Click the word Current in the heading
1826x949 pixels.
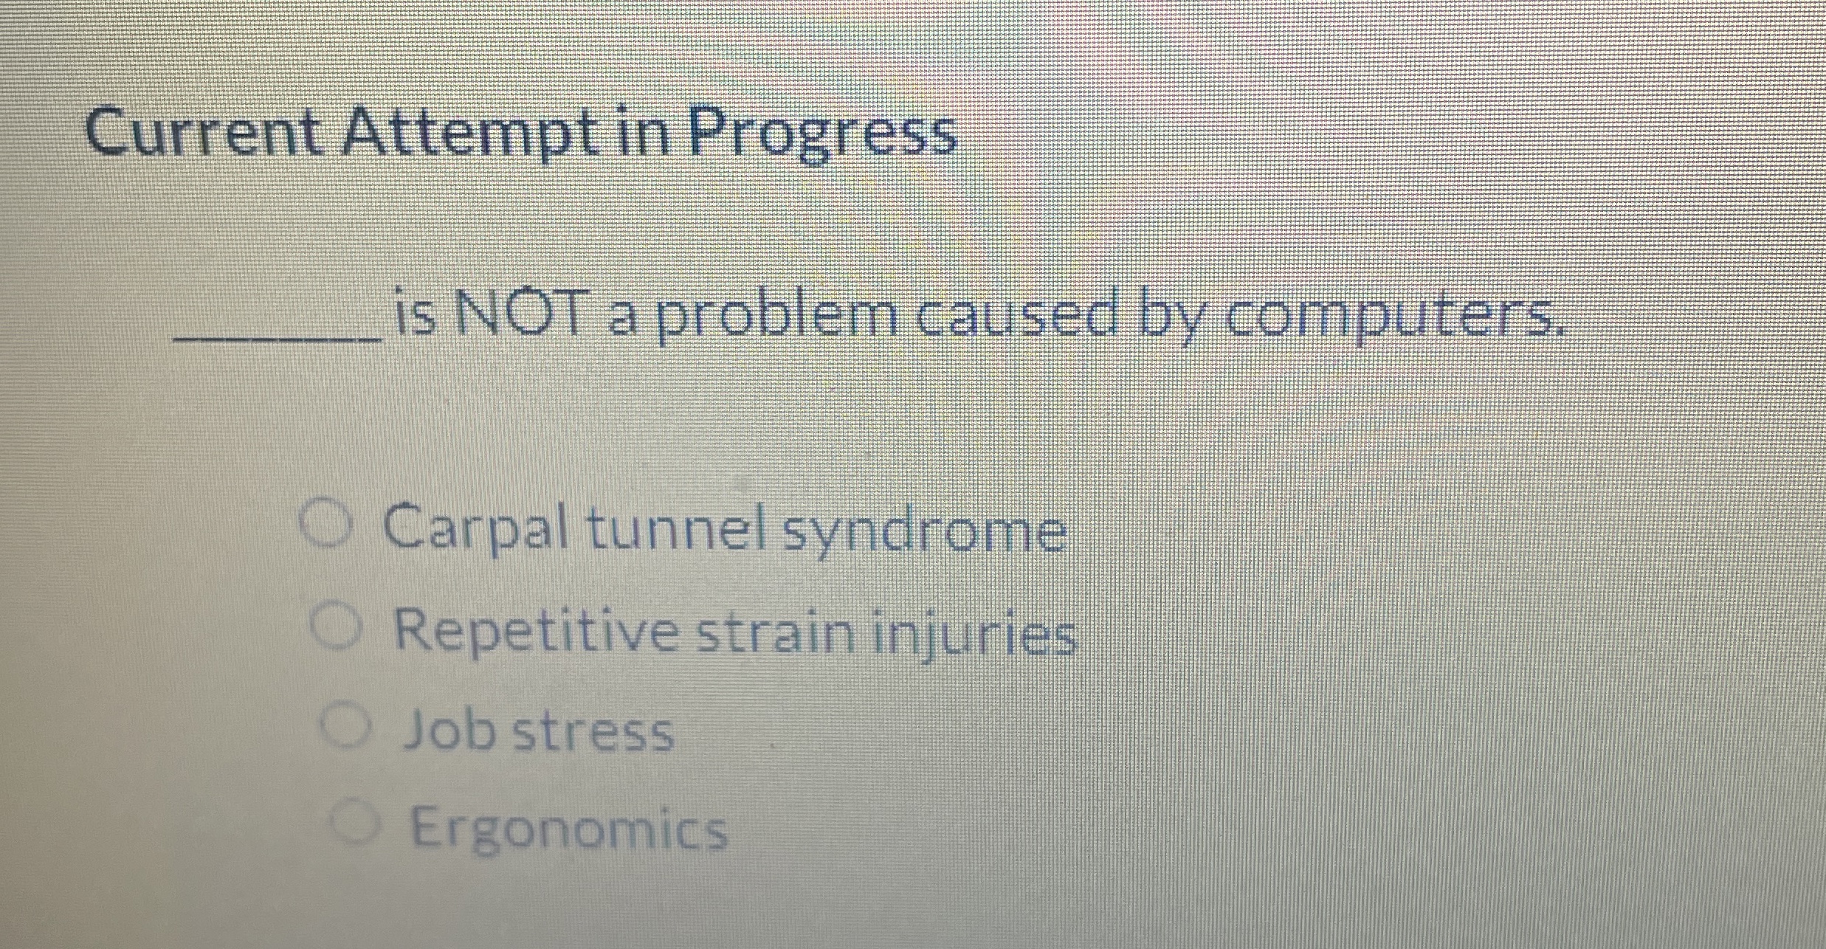[x=203, y=133]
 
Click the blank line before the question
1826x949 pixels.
[x=277, y=336]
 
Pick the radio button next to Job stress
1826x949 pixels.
[x=345, y=727]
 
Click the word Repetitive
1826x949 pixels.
[x=536, y=632]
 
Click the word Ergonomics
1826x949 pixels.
[x=568, y=829]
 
